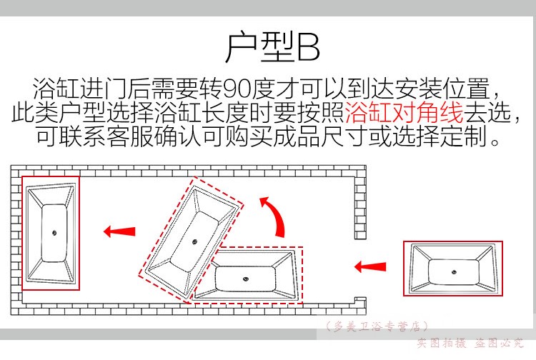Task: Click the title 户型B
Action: point(273,47)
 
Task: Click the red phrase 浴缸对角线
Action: point(405,112)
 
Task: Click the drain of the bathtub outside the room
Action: point(454,272)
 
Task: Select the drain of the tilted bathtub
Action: point(194,242)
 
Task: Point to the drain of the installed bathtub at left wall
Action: point(54,233)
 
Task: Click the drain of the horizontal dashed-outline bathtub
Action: point(245,279)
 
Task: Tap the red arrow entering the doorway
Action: point(370,266)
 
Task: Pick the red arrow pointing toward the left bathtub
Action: point(119,231)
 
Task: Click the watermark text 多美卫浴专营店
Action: point(377,326)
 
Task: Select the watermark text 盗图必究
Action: point(498,343)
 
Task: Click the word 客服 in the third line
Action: point(129,136)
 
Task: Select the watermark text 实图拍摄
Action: point(442,343)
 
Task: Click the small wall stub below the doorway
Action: point(360,300)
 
